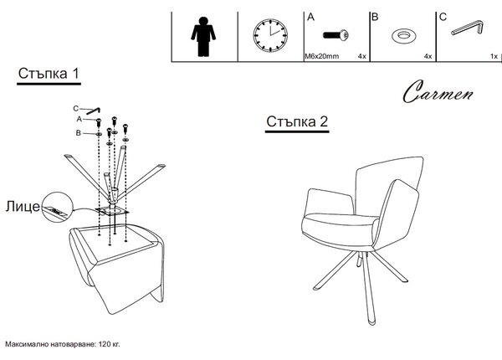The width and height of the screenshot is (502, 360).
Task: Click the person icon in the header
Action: pos(203,37)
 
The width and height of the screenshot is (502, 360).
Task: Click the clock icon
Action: pos(270,35)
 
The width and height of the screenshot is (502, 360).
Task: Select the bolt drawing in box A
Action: pos(336,34)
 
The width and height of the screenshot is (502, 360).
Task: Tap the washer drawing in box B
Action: pos(404,35)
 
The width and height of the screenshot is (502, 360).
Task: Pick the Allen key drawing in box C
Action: pos(467,28)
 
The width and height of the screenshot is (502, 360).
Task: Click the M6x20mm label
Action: pos(321,56)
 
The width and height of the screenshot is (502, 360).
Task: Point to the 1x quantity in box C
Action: pos(494,56)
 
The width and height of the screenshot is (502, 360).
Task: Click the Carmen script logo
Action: pos(438,92)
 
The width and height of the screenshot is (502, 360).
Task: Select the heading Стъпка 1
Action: pos(49,74)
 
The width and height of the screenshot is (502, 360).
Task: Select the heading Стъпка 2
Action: pos(297,121)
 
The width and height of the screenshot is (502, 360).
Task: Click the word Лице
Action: pos(23,206)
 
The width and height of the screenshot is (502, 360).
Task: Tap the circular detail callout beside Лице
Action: pos(58,207)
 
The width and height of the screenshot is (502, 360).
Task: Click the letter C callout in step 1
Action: pos(75,109)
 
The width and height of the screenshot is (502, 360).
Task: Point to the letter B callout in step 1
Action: pos(78,133)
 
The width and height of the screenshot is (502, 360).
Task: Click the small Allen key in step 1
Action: pos(94,111)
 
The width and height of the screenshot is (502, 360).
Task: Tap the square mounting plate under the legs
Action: pos(112,212)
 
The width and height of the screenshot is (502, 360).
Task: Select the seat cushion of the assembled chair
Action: pos(341,221)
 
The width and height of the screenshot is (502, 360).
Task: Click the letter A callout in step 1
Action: pos(79,119)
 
